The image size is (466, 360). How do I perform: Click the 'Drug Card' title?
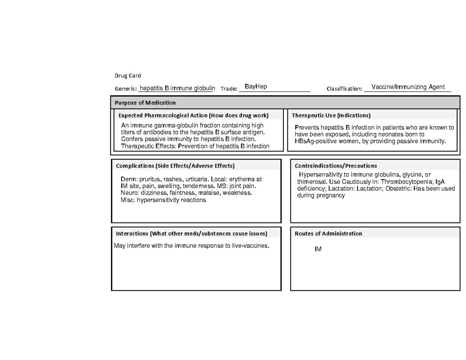(127, 75)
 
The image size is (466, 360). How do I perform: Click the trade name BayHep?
(256, 86)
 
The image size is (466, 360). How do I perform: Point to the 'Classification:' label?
(344, 89)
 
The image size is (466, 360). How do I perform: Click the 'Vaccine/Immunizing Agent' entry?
(408, 87)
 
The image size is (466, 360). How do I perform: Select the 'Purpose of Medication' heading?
(145, 103)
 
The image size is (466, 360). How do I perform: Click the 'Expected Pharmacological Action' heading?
(193, 115)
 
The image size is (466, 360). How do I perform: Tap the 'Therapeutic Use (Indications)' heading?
(331, 115)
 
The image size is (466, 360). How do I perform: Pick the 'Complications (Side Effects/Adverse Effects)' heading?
(175, 166)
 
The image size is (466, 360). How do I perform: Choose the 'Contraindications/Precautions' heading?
(336, 166)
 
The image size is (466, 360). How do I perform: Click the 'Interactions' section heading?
(191, 234)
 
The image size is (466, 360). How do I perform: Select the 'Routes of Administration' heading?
(328, 234)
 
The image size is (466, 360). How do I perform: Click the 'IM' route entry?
(318, 249)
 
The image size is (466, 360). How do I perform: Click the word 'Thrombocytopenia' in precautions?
(408, 182)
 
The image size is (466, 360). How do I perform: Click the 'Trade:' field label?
(229, 89)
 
